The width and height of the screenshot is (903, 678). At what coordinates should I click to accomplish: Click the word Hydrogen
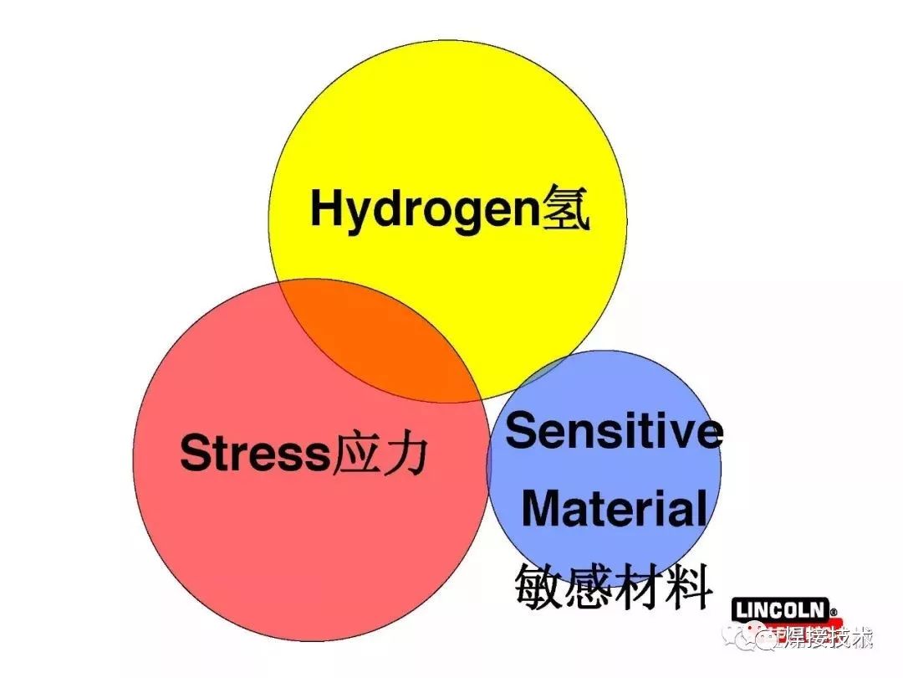click(x=422, y=210)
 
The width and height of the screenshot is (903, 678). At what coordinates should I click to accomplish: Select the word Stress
click(x=256, y=455)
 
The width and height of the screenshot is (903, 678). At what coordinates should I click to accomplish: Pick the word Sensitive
click(x=614, y=431)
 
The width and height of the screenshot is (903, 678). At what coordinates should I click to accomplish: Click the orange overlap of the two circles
click(x=385, y=339)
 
